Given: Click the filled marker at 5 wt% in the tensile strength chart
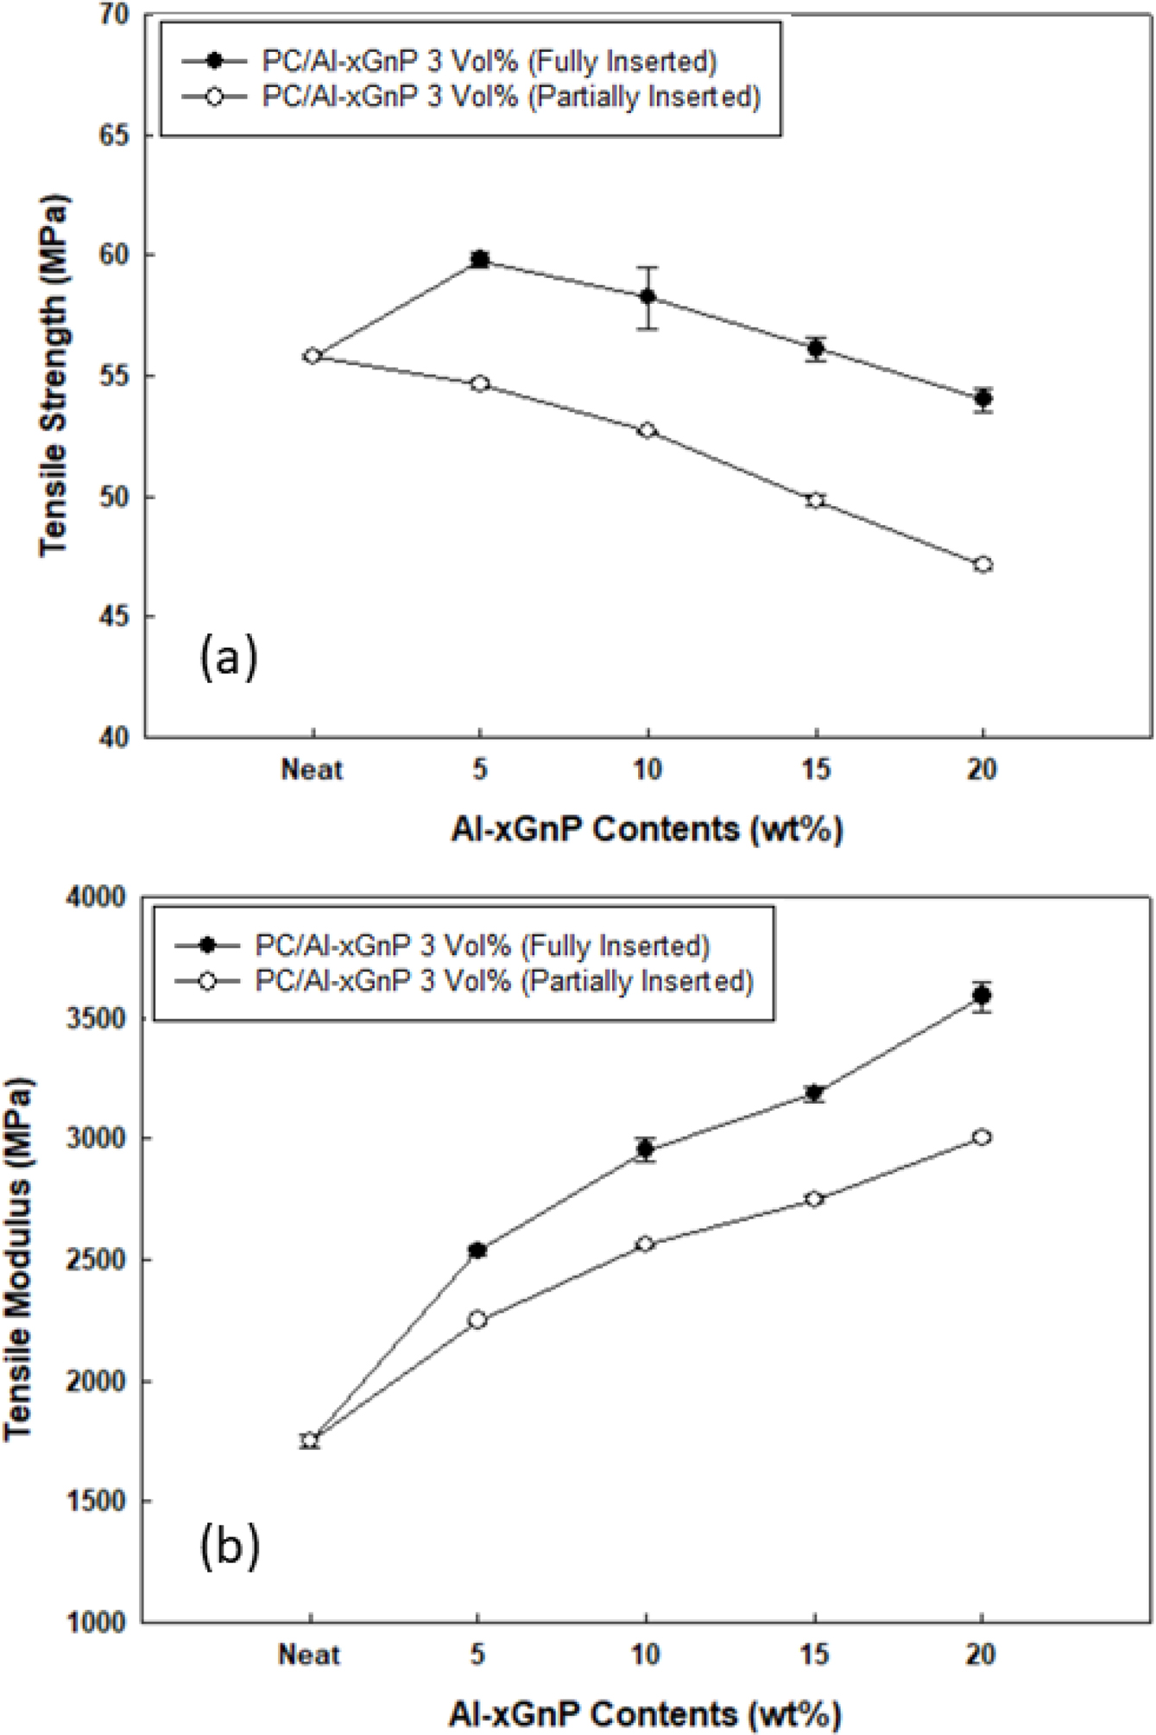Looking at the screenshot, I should point(480,259).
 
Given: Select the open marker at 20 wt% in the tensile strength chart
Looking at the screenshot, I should point(982,564).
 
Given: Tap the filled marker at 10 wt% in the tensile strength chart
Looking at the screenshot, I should point(647,297).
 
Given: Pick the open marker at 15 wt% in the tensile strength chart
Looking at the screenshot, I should point(815,500).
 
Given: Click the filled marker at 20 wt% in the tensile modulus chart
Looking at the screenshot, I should point(982,995).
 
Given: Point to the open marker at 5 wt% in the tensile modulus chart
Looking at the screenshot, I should point(477,1320).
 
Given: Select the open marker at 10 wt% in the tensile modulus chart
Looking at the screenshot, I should point(645,1244).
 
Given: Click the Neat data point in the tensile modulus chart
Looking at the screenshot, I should point(310,1440).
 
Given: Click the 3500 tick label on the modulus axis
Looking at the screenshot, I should point(96,1019).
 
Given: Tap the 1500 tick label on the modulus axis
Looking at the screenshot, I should point(96,1502).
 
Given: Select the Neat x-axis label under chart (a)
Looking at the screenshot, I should point(313,769).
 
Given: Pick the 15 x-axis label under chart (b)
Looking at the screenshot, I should point(813,1654).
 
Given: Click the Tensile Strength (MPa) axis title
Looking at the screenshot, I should point(54,375).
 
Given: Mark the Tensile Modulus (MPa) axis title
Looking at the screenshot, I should point(19,1259).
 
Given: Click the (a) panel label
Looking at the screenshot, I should point(229,659).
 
